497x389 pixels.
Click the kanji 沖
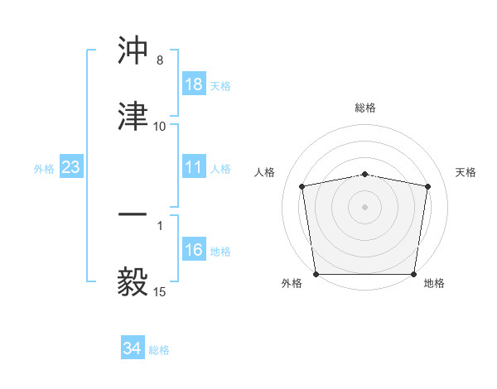click(x=133, y=51)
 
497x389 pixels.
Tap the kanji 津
click(x=133, y=117)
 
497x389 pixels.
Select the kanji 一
click(x=133, y=215)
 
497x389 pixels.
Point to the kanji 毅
click(x=133, y=281)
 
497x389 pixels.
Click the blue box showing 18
click(x=194, y=84)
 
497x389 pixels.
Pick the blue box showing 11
click(x=194, y=168)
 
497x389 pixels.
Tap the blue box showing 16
click(x=194, y=251)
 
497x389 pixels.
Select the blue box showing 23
click(x=70, y=168)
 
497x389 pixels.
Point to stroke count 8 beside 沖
click(x=159, y=60)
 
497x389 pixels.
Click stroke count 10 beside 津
click(x=159, y=126)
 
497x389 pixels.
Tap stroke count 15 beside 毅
click(x=159, y=291)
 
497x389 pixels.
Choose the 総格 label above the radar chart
click(x=365, y=108)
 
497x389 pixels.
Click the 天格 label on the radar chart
click(x=466, y=172)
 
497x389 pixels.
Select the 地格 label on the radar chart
click(x=434, y=283)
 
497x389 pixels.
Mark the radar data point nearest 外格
click(x=316, y=274)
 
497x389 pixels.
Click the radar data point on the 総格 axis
click(x=365, y=174)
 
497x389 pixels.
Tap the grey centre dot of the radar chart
click(x=365, y=206)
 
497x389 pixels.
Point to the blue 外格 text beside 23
click(x=44, y=169)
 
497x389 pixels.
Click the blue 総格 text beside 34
click(x=159, y=350)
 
